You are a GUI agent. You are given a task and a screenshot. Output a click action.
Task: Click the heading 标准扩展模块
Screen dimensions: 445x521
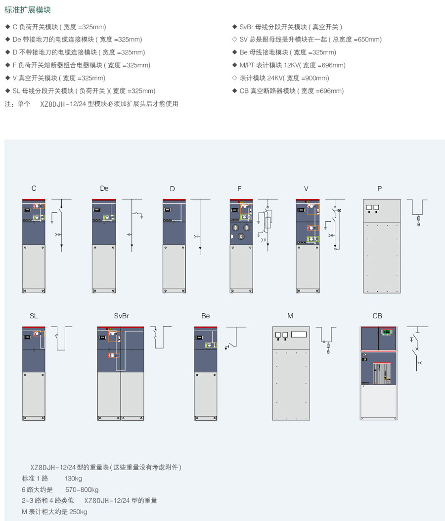pos(28,10)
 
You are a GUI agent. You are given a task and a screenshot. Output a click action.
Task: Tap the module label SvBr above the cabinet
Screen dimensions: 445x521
pos(121,316)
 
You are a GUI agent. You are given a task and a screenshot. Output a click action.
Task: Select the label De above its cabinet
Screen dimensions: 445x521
pos(104,188)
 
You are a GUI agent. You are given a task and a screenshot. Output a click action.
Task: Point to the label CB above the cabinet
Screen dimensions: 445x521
pos(377,316)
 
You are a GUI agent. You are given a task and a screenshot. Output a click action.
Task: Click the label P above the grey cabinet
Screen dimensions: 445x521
pos(380,189)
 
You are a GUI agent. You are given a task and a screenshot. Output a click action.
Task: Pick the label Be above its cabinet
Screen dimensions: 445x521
pos(205,316)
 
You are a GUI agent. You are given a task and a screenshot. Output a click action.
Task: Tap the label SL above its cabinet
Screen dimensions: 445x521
pos(34,316)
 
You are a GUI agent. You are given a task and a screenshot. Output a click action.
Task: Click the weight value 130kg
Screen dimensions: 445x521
pos(73,478)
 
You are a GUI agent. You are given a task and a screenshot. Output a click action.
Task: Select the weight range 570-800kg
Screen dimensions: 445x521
pos(82,489)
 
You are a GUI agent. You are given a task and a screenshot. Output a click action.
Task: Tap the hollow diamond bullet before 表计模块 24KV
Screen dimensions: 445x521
pos(235,78)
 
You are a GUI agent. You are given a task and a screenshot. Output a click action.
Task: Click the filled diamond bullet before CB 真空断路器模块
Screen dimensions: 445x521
pos(235,91)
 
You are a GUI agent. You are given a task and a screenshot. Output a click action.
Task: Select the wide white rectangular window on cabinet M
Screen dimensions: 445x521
pos(299,334)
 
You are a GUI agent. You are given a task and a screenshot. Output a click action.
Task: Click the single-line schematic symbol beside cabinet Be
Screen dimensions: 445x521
pos(235,338)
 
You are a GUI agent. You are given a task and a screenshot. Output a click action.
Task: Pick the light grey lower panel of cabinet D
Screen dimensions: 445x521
pos(174,269)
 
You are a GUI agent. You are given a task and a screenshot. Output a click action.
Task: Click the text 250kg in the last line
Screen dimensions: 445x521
pos(78,512)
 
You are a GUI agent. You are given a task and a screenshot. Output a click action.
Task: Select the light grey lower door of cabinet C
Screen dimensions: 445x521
pos(34,269)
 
